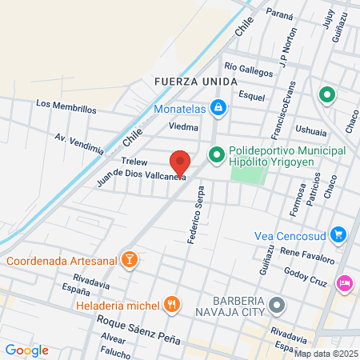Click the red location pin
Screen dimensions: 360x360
180,162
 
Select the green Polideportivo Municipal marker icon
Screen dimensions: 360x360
215,154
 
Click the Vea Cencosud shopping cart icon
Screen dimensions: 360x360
339,234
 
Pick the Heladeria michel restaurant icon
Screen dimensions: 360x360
171,304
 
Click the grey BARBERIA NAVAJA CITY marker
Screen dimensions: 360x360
278,305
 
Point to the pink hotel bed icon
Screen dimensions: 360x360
346,282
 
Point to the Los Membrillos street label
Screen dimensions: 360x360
66,106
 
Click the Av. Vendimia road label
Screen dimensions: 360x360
79,143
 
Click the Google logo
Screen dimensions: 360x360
27,350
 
